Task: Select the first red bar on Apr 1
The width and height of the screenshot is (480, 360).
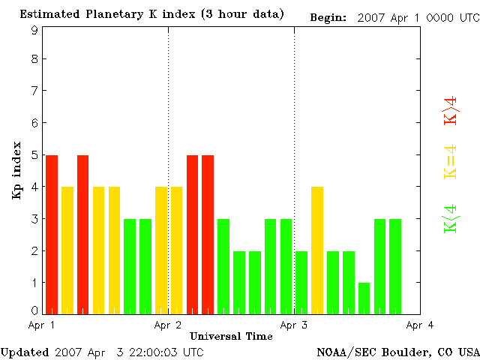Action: pos(52,234)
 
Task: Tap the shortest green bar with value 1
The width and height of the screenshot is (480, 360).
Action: pos(364,298)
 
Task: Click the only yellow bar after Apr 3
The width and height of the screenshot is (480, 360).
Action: pos(317,250)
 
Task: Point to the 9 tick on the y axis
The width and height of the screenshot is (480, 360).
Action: pos(34,30)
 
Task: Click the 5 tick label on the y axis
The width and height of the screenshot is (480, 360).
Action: pos(34,154)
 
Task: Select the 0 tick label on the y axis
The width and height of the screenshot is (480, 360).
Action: pos(34,310)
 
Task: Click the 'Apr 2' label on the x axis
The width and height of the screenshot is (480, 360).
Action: pos(168,325)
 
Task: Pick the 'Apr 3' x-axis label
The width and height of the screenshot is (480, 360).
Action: pos(294,325)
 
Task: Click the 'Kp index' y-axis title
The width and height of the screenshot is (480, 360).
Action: pos(16,170)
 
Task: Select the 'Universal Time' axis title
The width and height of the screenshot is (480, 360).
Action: pos(231,336)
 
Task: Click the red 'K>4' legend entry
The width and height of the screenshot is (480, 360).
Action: pos(450,109)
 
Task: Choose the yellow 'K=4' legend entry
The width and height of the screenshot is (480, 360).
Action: pos(450,161)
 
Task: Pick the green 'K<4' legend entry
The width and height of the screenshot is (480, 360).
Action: pos(450,219)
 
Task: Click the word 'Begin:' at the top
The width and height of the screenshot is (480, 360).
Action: pos(328,16)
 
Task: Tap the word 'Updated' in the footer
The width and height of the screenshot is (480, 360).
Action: pos(25,351)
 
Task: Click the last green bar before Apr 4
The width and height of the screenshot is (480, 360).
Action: pos(395,266)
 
